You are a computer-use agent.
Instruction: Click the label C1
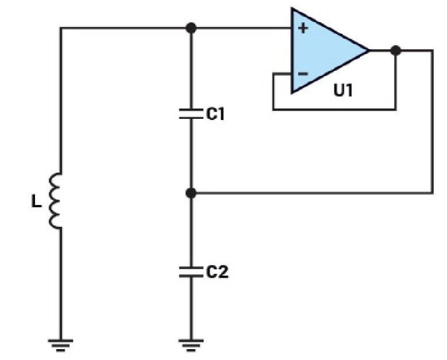[215, 114]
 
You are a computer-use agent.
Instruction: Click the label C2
[217, 272]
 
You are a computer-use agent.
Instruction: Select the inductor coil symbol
[56, 202]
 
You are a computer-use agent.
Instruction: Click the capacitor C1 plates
[192, 114]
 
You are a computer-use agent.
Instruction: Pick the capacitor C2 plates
[192, 271]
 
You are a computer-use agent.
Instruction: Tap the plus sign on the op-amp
[302, 28]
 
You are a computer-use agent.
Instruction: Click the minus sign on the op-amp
[302, 74]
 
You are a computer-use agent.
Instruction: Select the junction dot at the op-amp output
[395, 51]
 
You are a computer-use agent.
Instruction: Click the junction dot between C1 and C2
[192, 193]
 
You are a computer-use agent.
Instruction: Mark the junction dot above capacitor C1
[192, 28]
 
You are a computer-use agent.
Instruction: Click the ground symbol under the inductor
[60, 344]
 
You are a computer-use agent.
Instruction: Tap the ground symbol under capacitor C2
[192, 344]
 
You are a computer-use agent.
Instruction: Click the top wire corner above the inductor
[60, 28]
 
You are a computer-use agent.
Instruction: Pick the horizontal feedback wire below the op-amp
[333, 109]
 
